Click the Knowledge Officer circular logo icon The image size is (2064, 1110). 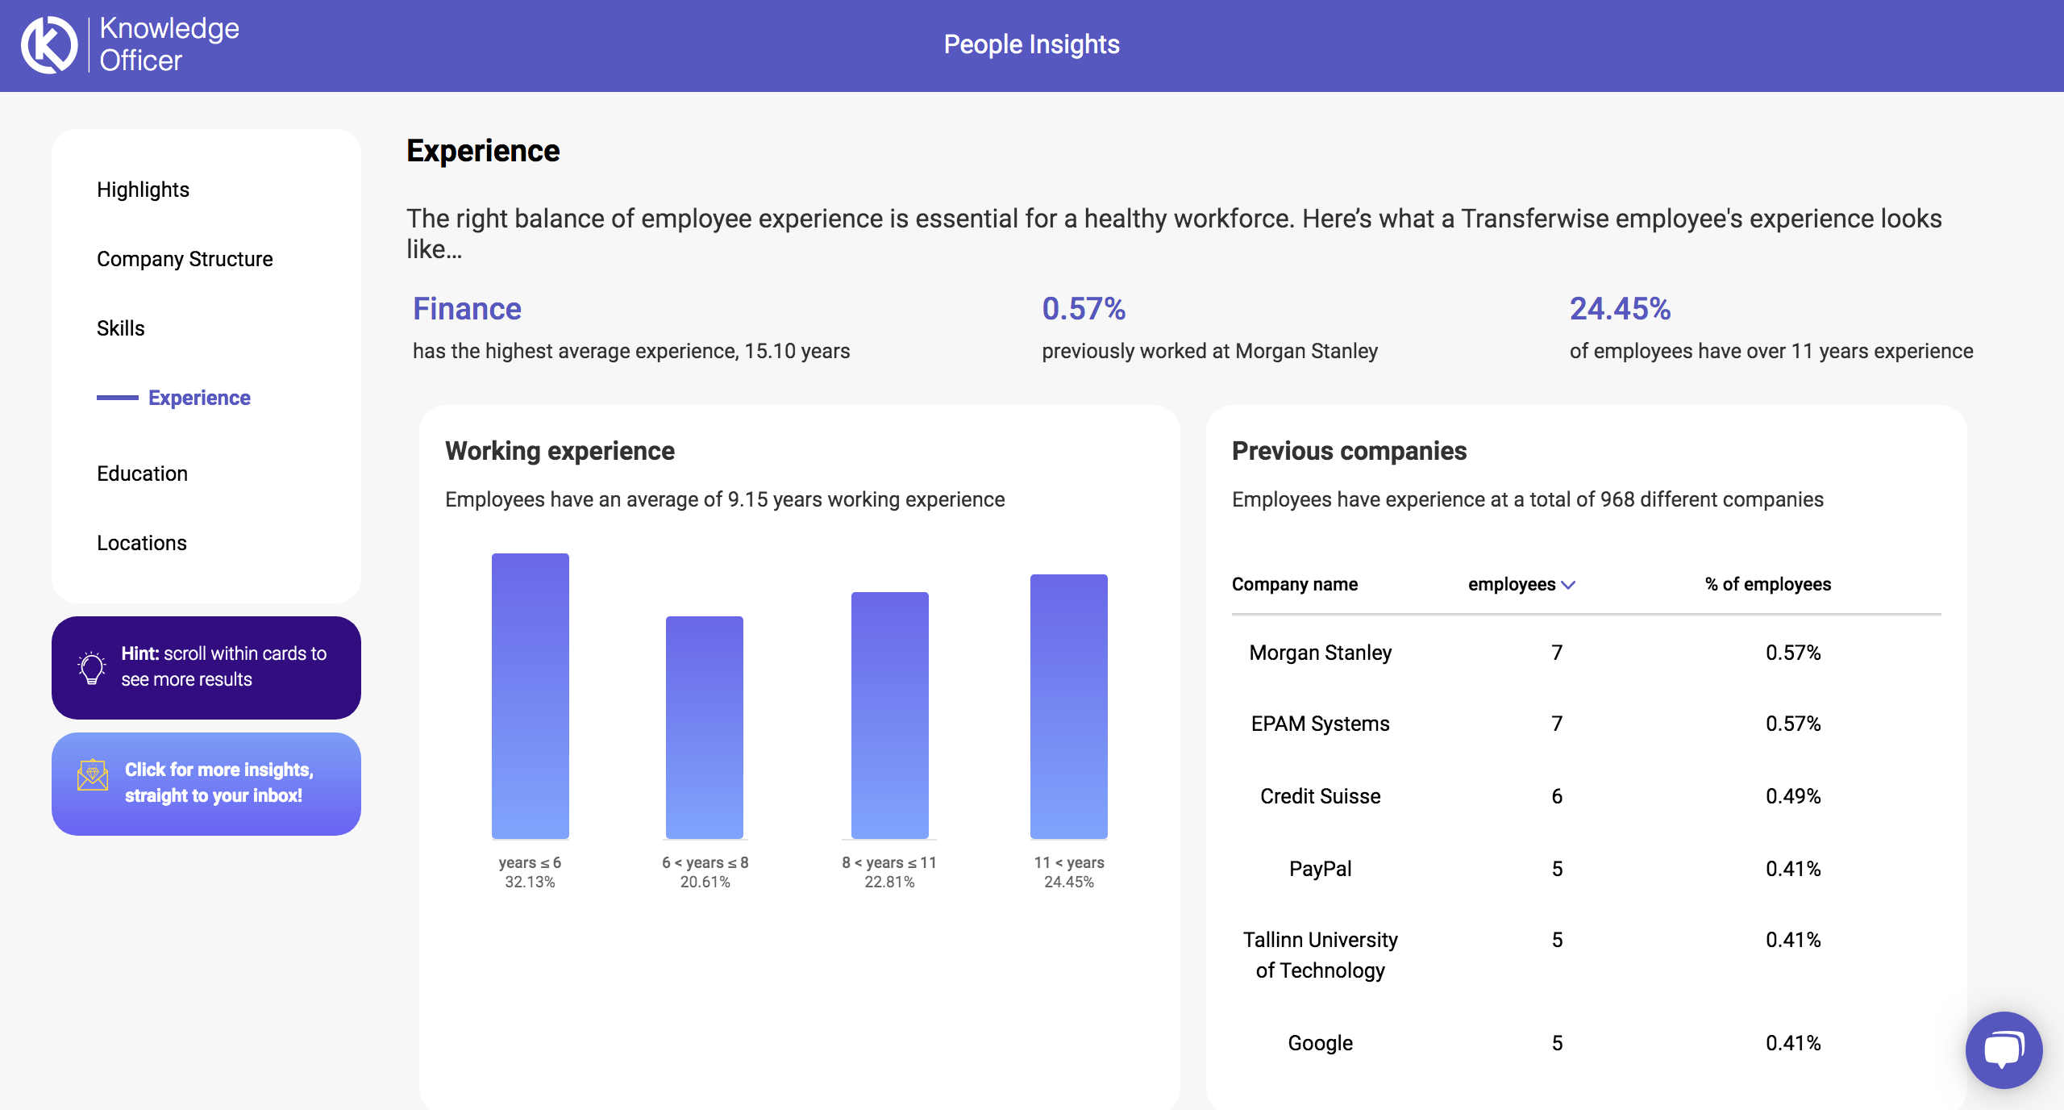click(x=49, y=45)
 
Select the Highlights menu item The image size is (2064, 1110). click(x=143, y=190)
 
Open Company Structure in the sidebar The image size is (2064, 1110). click(x=185, y=259)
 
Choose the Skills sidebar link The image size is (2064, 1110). click(x=121, y=328)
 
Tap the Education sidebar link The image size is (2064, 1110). click(x=142, y=474)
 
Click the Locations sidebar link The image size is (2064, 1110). click(x=142, y=543)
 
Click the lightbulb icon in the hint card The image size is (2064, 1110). click(x=92, y=667)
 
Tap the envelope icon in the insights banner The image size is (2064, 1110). click(x=93, y=775)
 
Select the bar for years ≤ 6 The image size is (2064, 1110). click(x=530, y=695)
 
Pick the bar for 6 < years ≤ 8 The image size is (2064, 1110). click(x=704, y=727)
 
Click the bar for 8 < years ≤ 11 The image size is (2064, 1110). click(x=889, y=715)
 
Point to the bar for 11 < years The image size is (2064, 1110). click(x=1068, y=706)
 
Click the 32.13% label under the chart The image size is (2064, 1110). click(x=530, y=882)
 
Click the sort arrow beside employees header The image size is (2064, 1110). click(x=1568, y=585)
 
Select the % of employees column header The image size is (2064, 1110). click(x=1768, y=584)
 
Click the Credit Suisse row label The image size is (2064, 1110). click(x=1320, y=796)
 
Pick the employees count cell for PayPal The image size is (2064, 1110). click(x=1557, y=869)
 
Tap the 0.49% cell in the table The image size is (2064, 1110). click(x=1793, y=796)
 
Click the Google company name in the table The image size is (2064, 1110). click(x=1320, y=1043)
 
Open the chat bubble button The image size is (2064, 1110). click(x=2004, y=1049)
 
